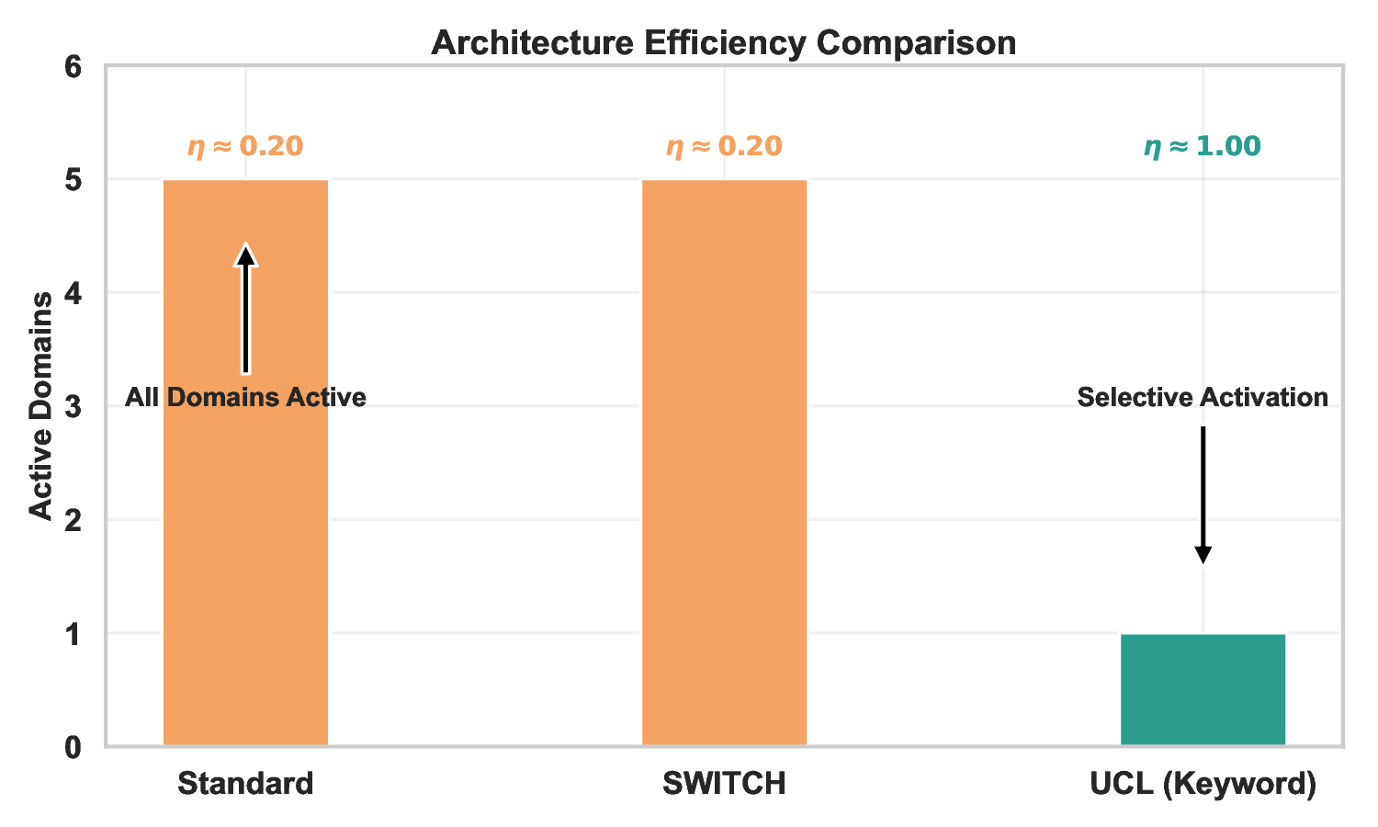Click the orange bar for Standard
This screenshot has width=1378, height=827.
(x=245, y=551)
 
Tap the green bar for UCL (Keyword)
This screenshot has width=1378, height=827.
(x=1203, y=689)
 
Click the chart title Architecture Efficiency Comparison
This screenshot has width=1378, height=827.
(x=724, y=43)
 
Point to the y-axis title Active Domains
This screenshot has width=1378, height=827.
(x=41, y=406)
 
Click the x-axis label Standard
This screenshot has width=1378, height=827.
(x=245, y=784)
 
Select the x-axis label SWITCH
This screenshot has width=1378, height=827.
(x=724, y=784)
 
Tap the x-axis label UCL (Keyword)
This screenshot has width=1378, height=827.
(x=1203, y=784)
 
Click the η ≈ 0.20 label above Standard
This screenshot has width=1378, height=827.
(x=245, y=146)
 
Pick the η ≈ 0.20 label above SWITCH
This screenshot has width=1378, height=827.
(x=724, y=146)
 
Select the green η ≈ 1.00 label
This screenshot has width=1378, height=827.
(x=1203, y=146)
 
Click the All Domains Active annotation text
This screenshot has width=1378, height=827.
(x=245, y=397)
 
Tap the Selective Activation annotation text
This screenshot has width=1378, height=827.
(x=1203, y=397)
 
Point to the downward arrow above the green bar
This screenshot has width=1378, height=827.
(x=1203, y=496)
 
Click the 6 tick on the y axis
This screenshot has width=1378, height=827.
(x=73, y=67)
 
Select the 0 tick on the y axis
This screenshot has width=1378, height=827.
(x=73, y=747)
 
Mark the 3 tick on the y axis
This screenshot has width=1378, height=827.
(x=73, y=407)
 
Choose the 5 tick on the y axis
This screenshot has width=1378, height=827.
(x=73, y=180)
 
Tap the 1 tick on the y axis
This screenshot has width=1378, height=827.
(x=73, y=634)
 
